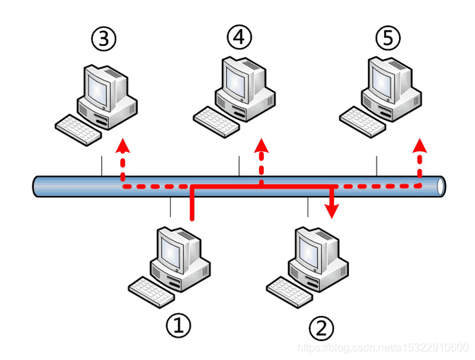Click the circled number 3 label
point(103,39)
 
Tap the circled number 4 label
point(239,38)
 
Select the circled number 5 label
point(388,39)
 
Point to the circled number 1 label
point(178,326)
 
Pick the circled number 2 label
point(322,328)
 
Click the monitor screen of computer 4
point(237,78)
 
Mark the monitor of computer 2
point(314,249)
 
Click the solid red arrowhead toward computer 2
point(331,212)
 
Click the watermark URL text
point(384,346)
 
